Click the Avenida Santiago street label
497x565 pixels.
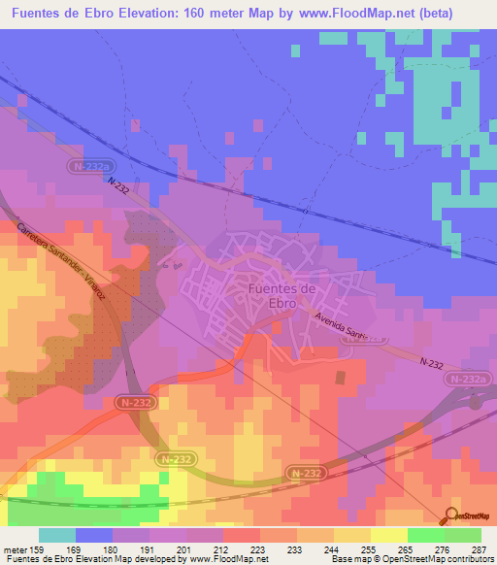point(350,330)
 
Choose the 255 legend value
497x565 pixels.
point(354,548)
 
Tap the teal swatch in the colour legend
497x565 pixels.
point(57,535)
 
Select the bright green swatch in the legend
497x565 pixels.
point(426,535)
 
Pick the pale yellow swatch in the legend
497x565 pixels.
point(389,535)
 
